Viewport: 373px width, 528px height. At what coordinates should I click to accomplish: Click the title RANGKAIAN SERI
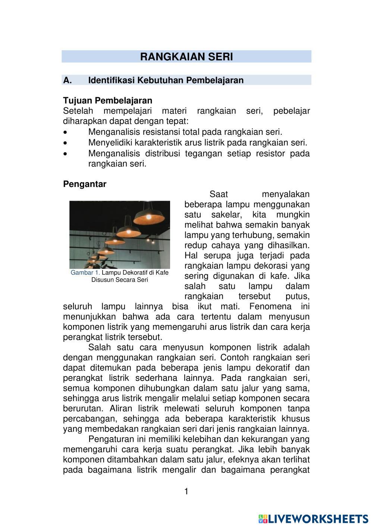click(186, 57)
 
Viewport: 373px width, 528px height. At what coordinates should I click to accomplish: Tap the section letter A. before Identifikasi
click(68, 80)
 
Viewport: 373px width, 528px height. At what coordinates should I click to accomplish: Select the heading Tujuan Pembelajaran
click(107, 101)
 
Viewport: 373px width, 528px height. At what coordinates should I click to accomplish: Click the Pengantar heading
click(85, 184)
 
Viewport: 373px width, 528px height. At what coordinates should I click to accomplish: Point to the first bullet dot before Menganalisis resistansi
click(66, 132)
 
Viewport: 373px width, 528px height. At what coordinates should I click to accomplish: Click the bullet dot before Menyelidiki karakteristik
click(66, 143)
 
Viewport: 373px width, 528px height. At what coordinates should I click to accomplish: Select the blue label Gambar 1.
click(85, 273)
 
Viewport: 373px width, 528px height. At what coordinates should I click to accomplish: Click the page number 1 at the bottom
click(186, 492)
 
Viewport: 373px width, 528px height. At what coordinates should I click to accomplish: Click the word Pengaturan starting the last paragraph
click(110, 439)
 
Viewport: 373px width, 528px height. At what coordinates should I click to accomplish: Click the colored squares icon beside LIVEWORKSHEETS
click(263, 519)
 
